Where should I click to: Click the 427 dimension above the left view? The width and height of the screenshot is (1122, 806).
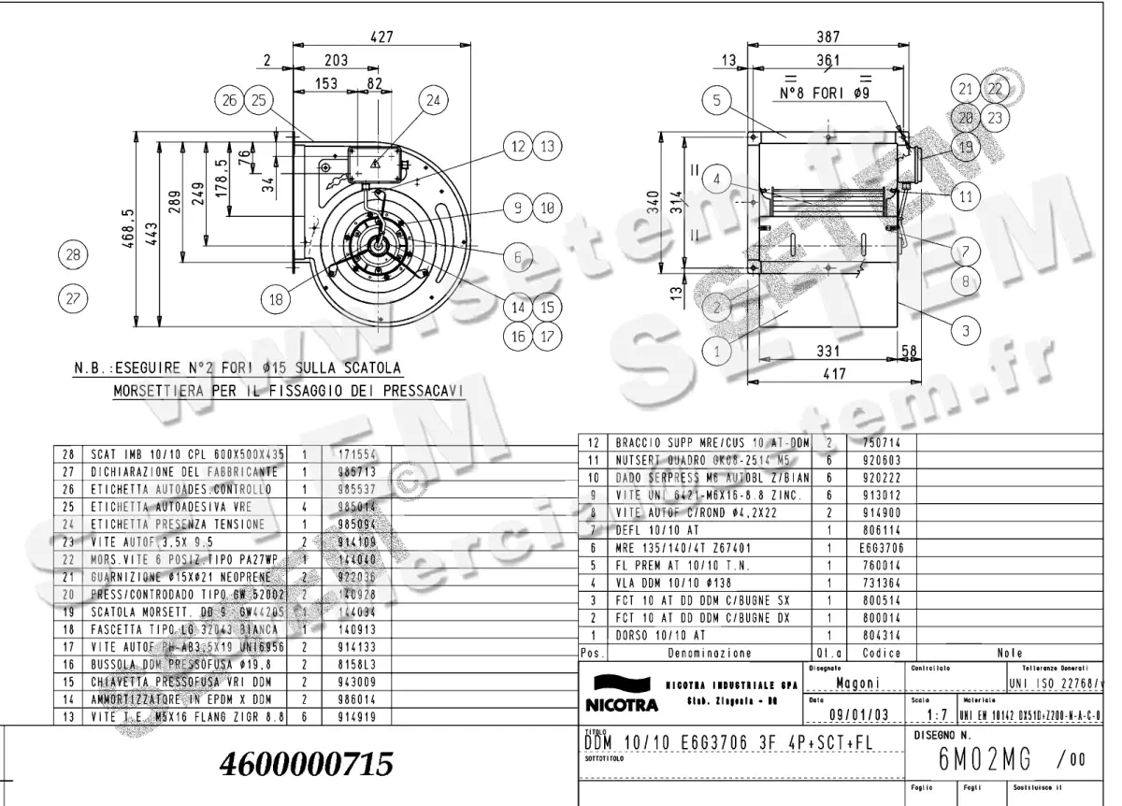pyautogui.click(x=381, y=36)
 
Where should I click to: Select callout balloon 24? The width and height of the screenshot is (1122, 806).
pyautogui.click(x=432, y=101)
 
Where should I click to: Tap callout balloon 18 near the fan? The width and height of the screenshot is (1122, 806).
pyautogui.click(x=276, y=299)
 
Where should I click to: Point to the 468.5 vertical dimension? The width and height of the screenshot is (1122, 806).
pyautogui.click(x=128, y=229)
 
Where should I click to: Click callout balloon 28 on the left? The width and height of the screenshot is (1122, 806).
pyautogui.click(x=72, y=253)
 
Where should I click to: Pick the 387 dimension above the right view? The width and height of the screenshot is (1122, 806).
pyautogui.click(x=828, y=36)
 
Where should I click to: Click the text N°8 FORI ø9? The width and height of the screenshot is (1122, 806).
pyautogui.click(x=827, y=94)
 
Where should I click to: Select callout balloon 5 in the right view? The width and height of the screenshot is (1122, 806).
pyautogui.click(x=716, y=101)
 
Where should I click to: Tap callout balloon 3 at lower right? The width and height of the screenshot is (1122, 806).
pyautogui.click(x=965, y=328)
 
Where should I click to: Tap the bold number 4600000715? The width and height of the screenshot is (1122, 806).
pyautogui.click(x=306, y=765)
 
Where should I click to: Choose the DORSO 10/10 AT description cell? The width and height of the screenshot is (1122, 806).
pyautogui.click(x=654, y=635)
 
